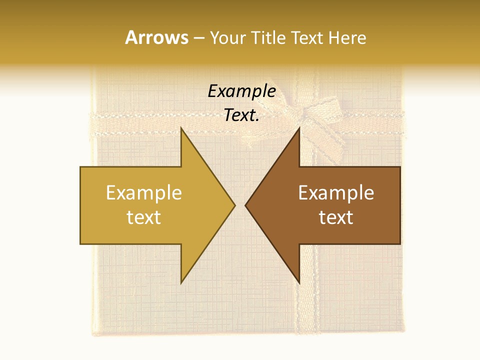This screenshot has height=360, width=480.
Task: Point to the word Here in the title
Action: (347, 38)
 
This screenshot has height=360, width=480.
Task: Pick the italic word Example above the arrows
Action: (241, 91)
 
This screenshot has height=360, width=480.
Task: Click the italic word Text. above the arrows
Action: (241, 115)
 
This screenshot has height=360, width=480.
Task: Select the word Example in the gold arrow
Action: (144, 193)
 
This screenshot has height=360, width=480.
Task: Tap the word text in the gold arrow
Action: (144, 217)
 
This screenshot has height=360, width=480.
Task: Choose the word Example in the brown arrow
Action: (336, 193)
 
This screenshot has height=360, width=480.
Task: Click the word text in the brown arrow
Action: (336, 217)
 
